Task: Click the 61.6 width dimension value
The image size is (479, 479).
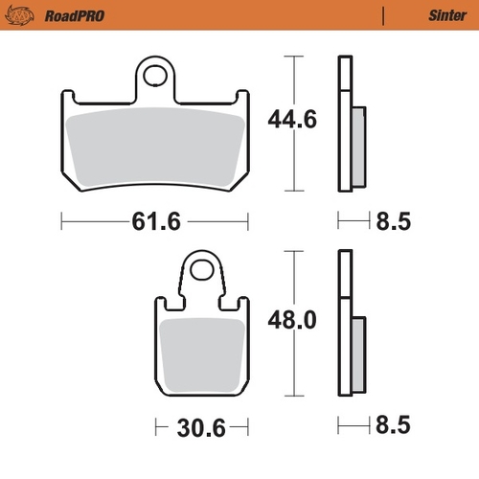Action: pyautogui.click(x=155, y=222)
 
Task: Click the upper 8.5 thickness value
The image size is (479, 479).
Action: pyautogui.click(x=393, y=222)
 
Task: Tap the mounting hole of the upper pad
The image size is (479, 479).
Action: pyautogui.click(x=156, y=74)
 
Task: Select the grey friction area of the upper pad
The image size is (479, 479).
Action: pyautogui.click(x=153, y=144)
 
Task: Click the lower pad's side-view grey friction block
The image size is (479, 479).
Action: pyautogui.click(x=357, y=354)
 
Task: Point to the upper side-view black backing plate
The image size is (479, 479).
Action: pyautogui.click(x=341, y=125)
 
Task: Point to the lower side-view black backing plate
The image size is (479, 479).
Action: pyautogui.click(x=341, y=326)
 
